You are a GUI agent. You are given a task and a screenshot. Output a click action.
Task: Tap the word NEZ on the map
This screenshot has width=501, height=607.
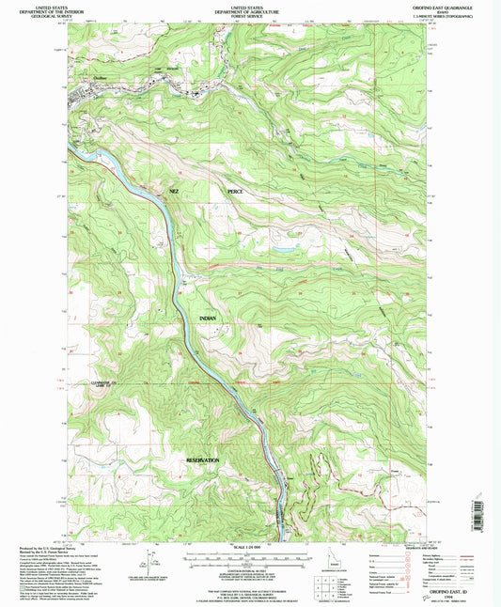coord(175,191)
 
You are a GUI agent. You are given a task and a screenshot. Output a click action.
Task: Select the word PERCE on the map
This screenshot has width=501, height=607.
coord(235,191)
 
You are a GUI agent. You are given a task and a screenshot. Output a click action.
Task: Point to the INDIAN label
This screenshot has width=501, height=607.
coord(208,319)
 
